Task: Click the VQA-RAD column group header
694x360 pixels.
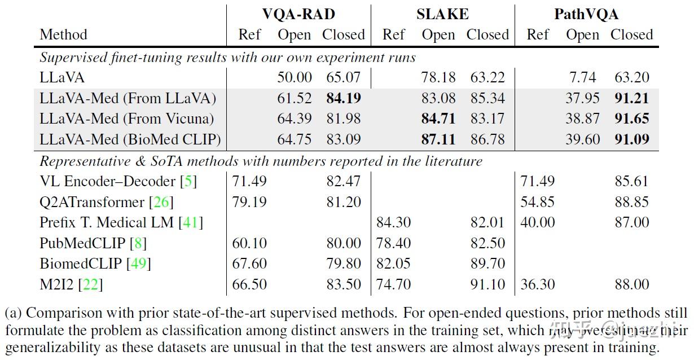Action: pos(298,14)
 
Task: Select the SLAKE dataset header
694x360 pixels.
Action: pos(442,14)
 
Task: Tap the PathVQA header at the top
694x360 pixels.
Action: pos(586,14)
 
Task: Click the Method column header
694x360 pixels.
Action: pos(63,34)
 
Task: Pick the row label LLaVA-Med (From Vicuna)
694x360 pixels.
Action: pos(127,119)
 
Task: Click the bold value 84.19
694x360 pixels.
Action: pos(344,98)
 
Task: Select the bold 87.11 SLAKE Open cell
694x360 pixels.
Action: pos(438,139)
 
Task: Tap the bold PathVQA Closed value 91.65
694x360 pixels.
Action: pos(632,119)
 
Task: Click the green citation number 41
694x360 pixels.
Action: pos(190,223)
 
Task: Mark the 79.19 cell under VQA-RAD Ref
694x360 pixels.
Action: pos(249,202)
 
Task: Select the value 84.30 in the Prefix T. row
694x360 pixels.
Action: pos(393,223)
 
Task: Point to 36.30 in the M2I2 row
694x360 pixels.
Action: pos(537,284)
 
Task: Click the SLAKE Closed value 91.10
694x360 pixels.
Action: pos(487,284)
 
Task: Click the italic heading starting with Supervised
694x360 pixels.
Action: pos(227,57)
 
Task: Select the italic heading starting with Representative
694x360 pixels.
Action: pos(261,161)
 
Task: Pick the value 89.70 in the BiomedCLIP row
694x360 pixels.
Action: pos(487,264)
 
